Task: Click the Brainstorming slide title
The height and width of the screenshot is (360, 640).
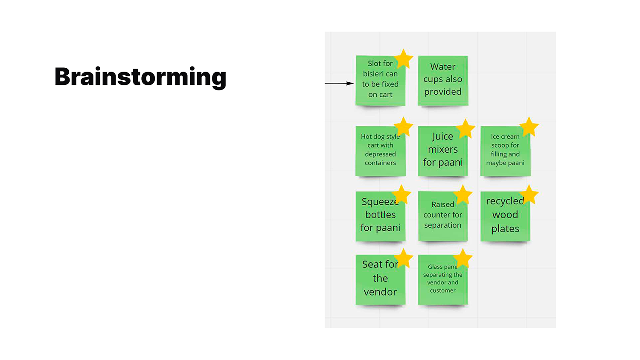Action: pyautogui.click(x=140, y=77)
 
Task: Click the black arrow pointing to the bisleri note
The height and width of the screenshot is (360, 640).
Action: pyautogui.click(x=339, y=83)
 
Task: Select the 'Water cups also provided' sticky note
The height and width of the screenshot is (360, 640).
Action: pyautogui.click(x=443, y=80)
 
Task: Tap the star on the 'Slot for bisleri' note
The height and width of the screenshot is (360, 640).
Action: pyautogui.click(x=403, y=59)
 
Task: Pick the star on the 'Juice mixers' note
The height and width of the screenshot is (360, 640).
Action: pyautogui.click(x=465, y=129)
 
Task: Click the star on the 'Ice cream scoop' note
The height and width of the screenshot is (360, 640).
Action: pyautogui.click(x=529, y=127)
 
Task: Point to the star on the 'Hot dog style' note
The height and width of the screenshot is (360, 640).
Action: pyautogui.click(x=403, y=127)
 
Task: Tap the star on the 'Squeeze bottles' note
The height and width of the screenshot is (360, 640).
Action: pyautogui.click(x=401, y=195)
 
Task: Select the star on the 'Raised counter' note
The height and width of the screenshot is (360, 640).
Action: pyautogui.click(x=463, y=195)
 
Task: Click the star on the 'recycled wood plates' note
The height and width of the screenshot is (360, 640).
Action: pyautogui.click(x=529, y=195)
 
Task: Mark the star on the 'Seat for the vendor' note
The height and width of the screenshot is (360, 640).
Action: pyautogui.click(x=403, y=258)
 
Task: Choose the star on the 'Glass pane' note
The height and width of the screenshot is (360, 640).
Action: pyautogui.click(x=463, y=258)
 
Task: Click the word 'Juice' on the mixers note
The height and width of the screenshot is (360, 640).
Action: pyautogui.click(x=442, y=136)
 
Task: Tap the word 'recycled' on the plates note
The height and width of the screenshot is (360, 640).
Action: pyautogui.click(x=504, y=201)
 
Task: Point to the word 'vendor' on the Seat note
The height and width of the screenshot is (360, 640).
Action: pyautogui.click(x=380, y=292)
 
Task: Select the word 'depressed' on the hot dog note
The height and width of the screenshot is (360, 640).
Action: pyautogui.click(x=380, y=154)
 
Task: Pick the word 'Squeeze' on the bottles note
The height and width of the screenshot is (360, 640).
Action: pyautogui.click(x=379, y=201)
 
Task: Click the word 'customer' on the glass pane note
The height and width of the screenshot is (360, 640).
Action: pyautogui.click(x=442, y=290)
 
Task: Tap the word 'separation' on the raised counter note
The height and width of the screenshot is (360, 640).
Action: pyautogui.click(x=442, y=225)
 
